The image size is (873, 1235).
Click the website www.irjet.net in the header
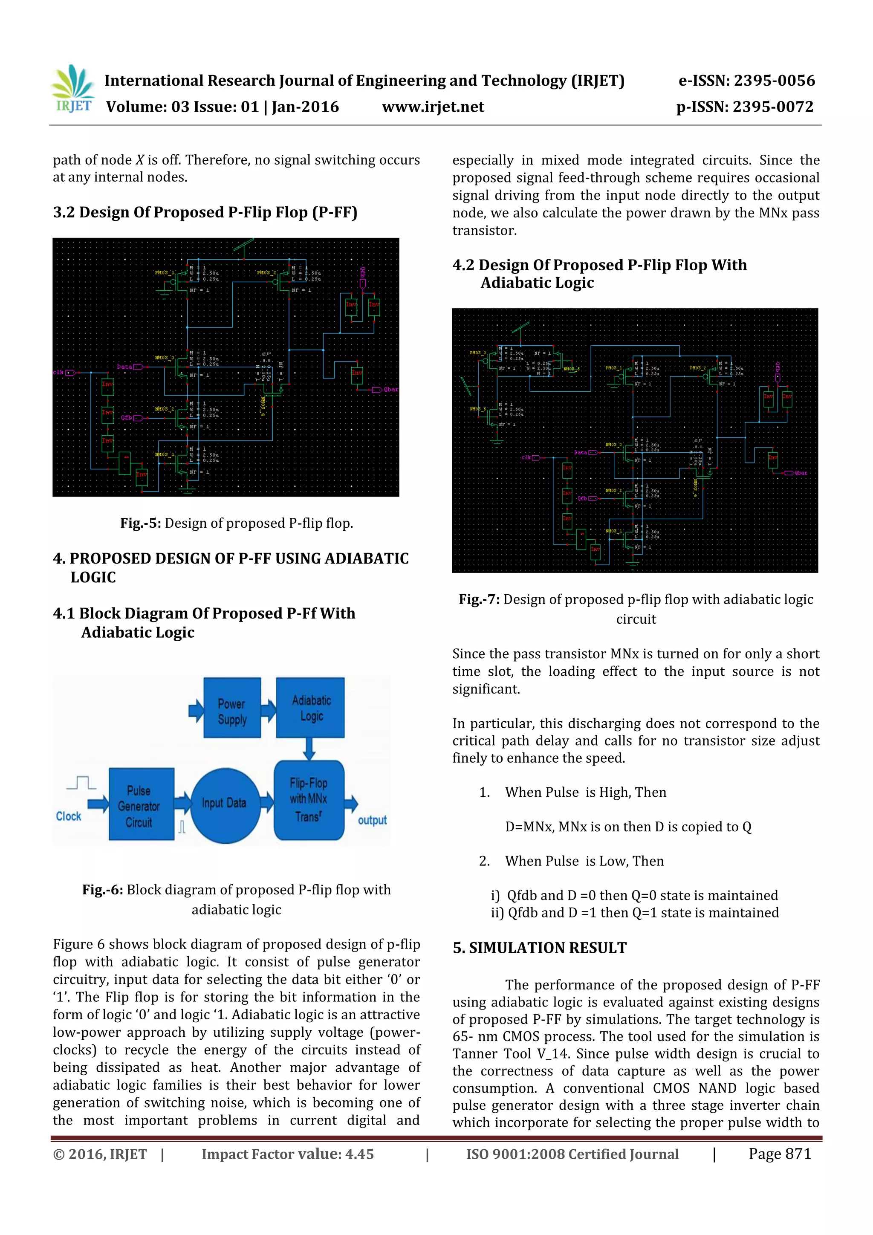pos(433,107)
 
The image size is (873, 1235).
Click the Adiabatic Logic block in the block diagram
pos(310,707)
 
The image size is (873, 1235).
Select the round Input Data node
pos(224,803)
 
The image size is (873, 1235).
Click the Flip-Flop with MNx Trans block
pos(309,800)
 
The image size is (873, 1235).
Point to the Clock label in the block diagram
pos(68,816)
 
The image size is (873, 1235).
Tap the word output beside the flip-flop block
pos(372,820)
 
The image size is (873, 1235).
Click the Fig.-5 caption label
pos(140,524)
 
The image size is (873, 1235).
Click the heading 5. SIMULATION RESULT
pos(540,948)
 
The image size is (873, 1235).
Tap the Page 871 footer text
pos(779,1154)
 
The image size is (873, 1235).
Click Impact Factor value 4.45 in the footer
pos(287,1154)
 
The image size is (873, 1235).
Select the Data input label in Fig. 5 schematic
pos(124,367)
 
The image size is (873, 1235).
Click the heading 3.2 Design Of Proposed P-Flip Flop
pos(205,212)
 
